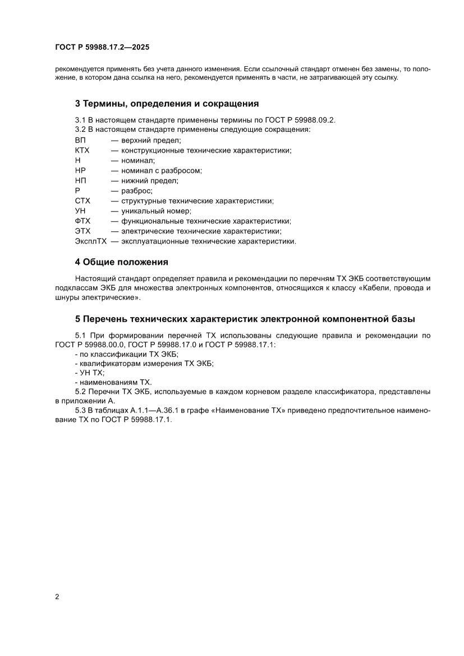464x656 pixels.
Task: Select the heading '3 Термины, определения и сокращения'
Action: [167, 104]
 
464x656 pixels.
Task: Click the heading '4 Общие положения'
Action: [122, 262]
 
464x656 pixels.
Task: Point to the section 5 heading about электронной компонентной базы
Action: [245, 319]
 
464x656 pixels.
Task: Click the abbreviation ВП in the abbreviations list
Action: [80, 140]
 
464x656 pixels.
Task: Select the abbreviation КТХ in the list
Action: [82, 150]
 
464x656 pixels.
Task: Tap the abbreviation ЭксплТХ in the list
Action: [90, 241]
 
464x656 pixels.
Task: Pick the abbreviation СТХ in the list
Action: [82, 201]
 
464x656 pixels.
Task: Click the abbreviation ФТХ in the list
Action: [82, 221]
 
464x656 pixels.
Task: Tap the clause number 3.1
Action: [80, 120]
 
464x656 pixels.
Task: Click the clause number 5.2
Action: [81, 391]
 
